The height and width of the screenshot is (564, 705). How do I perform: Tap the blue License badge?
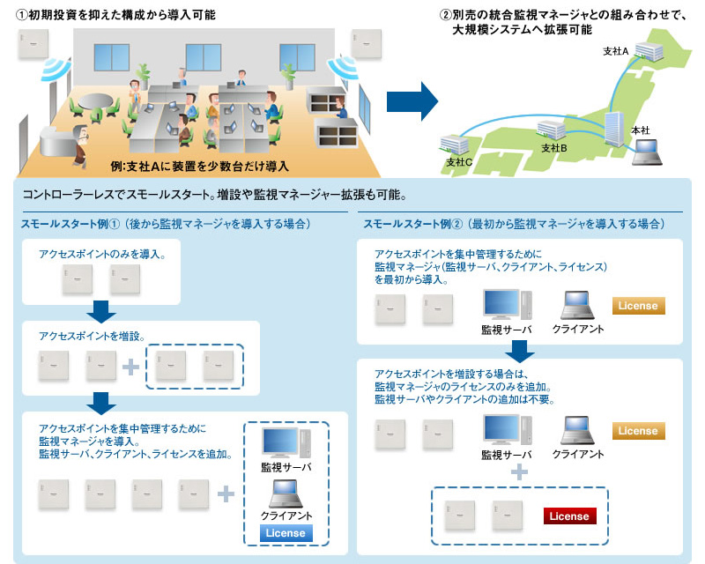(285, 533)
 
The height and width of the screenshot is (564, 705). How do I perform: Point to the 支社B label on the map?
(553, 147)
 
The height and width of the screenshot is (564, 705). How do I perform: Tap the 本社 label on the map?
(641, 130)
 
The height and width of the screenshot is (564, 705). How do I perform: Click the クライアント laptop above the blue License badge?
(284, 493)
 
